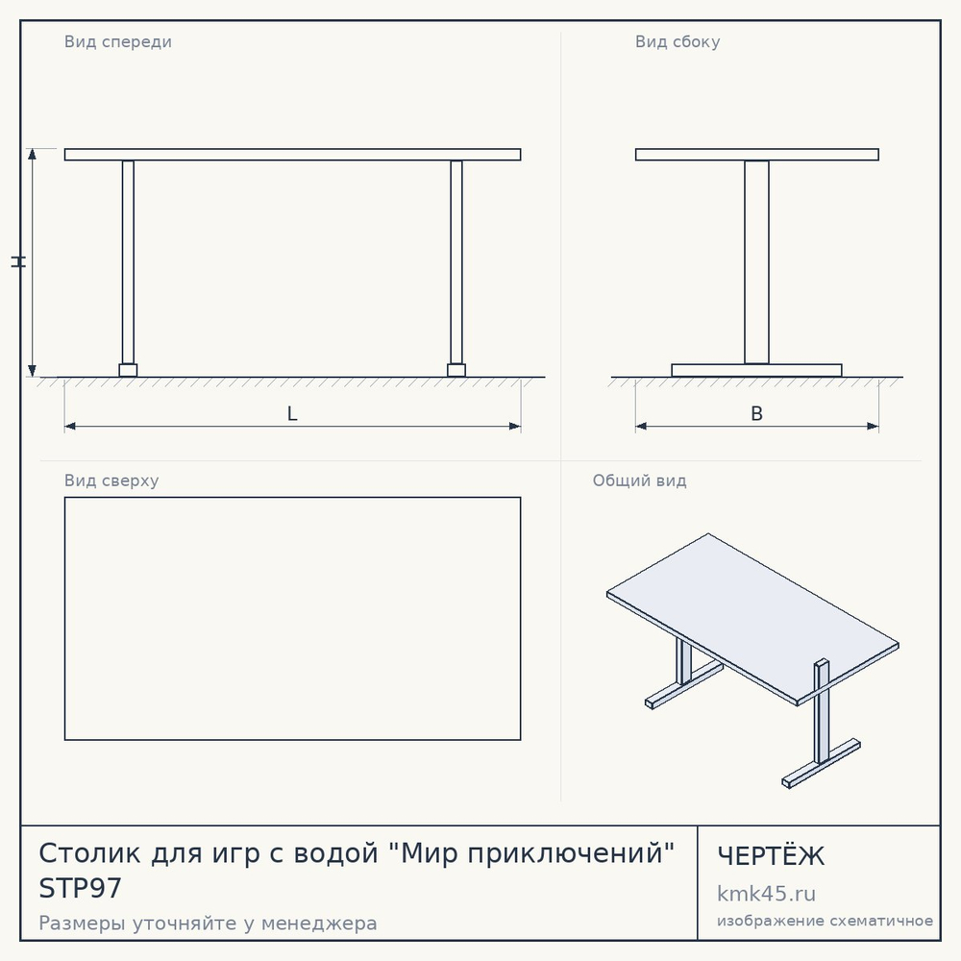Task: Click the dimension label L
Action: pos(292,413)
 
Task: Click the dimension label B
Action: pos(757,413)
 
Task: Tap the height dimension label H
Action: pos(18,261)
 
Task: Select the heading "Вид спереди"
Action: pos(117,41)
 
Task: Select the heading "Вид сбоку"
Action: pos(678,41)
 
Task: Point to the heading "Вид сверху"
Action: pos(111,480)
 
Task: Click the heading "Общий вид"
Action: pos(639,480)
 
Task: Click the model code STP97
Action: pos(81,888)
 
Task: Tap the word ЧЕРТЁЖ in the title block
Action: pos(771,855)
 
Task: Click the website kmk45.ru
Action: pos(766,894)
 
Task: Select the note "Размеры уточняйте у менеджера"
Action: pos(208,923)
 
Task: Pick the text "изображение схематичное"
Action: pos(825,921)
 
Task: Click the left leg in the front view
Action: pos(128,262)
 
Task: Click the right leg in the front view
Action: pos(456,262)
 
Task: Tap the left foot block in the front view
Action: pos(128,370)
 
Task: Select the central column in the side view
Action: pos(757,262)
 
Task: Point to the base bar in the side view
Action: pos(757,370)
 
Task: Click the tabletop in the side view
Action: pos(757,155)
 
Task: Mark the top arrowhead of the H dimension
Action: pos(33,154)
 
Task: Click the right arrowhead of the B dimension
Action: pos(873,426)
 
